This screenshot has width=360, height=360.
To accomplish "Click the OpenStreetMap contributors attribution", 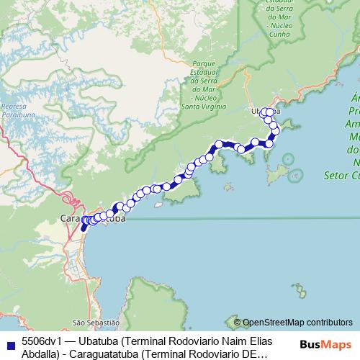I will click(x=298, y=323).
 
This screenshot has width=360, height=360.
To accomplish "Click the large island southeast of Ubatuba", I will click(x=276, y=174).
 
